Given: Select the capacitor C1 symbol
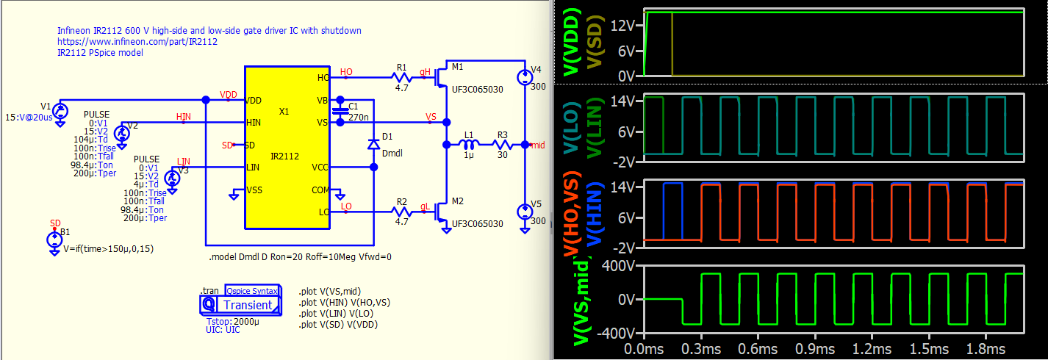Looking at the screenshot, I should pyautogui.click(x=340, y=111).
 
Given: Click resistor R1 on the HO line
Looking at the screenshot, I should pyautogui.click(x=402, y=77).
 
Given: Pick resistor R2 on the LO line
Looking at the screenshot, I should pyautogui.click(x=402, y=211).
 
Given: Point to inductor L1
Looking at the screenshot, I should pyautogui.click(x=467, y=145).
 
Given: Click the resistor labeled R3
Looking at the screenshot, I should pyautogui.click(x=502, y=145).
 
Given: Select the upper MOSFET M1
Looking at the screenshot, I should pyautogui.click(x=442, y=77).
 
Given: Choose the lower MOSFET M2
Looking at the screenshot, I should pyautogui.click(x=442, y=211).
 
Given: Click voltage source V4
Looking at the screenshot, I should pyautogui.click(x=523, y=77).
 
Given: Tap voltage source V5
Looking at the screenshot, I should pyautogui.click(x=523, y=212).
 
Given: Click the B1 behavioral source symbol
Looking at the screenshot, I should pyautogui.click(x=54, y=240).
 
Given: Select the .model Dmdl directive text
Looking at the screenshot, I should pyautogui.click(x=301, y=257).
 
